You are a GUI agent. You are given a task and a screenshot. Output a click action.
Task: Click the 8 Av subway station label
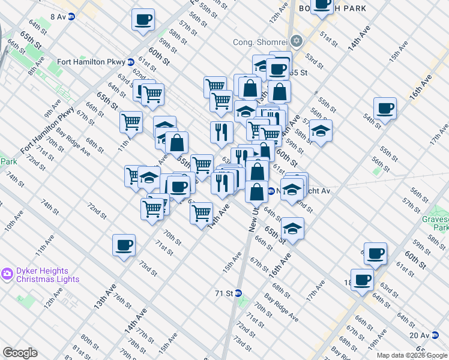58,17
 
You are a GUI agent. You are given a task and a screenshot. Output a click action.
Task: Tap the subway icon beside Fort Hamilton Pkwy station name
130,62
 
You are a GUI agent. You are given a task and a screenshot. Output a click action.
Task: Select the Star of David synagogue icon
295,41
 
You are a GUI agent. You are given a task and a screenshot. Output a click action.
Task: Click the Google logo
20,353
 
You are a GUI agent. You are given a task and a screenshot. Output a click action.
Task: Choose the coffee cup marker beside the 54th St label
385,109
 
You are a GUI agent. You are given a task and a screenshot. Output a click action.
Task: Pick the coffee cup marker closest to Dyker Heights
124,245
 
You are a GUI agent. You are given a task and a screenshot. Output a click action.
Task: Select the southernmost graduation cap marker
292,229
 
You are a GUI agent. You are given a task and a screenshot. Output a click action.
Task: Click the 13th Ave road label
103,298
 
